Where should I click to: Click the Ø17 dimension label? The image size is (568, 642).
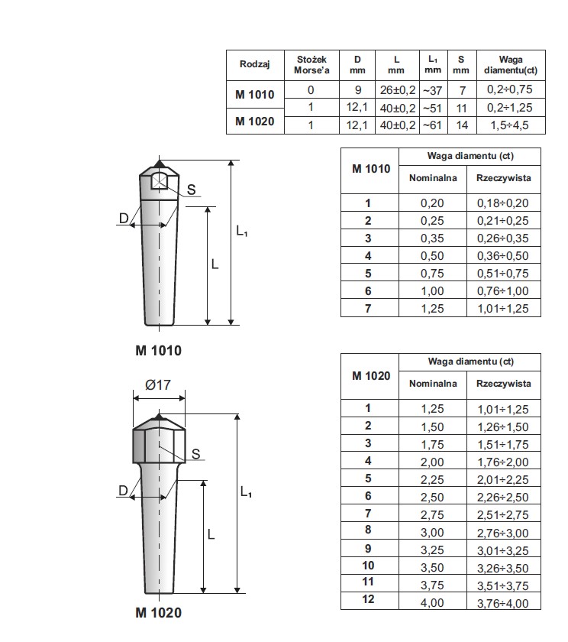click(158, 385)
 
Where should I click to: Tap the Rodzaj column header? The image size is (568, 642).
click(255, 64)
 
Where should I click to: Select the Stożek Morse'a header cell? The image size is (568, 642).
click(311, 65)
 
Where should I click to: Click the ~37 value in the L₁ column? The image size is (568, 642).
click(433, 90)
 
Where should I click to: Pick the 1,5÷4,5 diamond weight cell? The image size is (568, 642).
click(509, 125)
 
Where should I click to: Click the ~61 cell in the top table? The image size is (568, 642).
click(433, 125)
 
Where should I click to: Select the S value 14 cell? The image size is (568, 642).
click(462, 125)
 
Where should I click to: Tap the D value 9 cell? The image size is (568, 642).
click(358, 90)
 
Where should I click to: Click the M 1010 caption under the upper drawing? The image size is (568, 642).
click(158, 351)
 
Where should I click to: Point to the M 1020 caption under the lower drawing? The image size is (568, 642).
click(158, 612)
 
